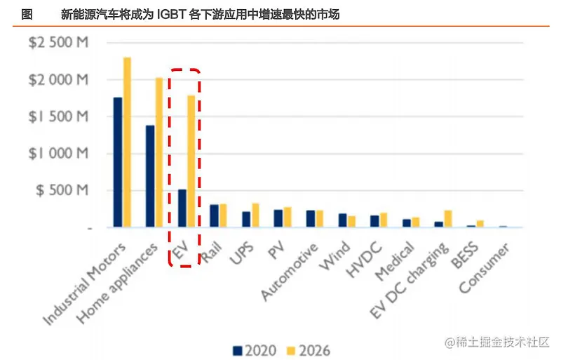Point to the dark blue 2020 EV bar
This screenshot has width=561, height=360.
pos(182,208)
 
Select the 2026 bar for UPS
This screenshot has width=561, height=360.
pos(255,215)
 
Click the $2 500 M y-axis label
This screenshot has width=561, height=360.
pos(59,43)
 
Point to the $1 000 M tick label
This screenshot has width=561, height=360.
pos(59,154)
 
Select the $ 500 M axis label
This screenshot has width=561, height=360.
pos(62,191)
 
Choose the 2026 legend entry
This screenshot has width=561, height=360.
pos(309,349)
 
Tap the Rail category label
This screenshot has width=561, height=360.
pos(212,253)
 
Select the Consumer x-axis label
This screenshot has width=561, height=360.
pos(488,269)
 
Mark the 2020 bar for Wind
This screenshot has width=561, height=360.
pos(342,220)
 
